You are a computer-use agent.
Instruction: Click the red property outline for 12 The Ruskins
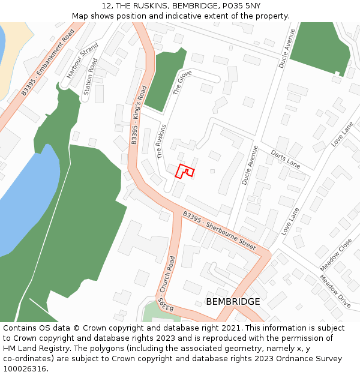coord(185,171)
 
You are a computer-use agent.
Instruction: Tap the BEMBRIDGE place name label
coord(233,301)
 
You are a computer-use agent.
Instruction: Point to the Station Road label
coord(90,77)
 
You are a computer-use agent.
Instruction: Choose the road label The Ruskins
coord(160,141)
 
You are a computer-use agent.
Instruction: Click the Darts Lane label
coord(285,158)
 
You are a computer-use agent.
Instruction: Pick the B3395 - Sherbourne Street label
coord(219,230)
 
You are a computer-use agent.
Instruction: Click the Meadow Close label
coord(336,253)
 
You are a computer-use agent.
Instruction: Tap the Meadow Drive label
coord(335,292)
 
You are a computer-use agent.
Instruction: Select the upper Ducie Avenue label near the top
coord(286,48)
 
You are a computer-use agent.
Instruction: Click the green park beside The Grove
coord(163,81)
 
